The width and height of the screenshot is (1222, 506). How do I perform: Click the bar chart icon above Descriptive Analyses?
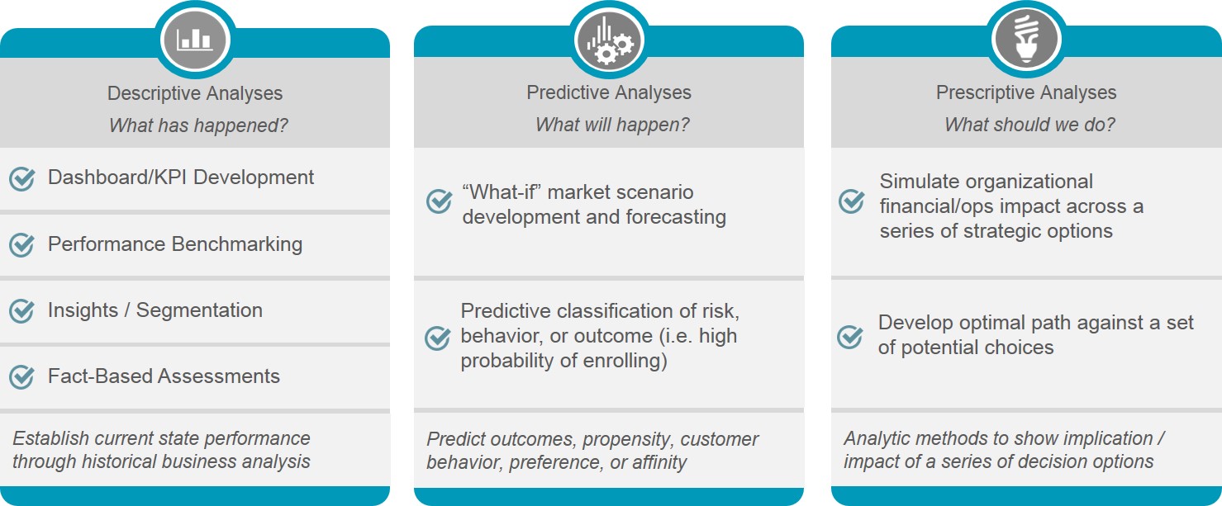tap(195, 40)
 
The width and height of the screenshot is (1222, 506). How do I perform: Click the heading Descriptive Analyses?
tap(195, 93)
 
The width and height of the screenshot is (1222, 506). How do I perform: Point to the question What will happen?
tap(612, 125)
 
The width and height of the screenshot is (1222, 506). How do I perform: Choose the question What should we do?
tap(1029, 125)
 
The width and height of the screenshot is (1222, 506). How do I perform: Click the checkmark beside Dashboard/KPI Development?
tap(21, 179)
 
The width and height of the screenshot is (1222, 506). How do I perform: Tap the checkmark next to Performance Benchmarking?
tap(21, 245)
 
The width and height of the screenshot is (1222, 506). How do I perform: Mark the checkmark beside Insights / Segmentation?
tap(21, 311)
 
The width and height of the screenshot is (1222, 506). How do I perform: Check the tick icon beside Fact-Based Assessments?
tap(21, 377)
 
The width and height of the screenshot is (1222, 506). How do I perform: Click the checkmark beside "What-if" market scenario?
tap(440, 201)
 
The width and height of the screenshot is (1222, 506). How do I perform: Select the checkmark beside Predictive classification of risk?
tap(438, 338)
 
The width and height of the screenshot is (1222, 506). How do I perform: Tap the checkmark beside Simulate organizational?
tap(852, 201)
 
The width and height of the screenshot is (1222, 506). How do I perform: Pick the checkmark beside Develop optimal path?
tap(850, 337)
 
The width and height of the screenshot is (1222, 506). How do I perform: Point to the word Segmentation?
tap(199, 310)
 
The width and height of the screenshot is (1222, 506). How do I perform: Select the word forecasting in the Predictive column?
tap(676, 217)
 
